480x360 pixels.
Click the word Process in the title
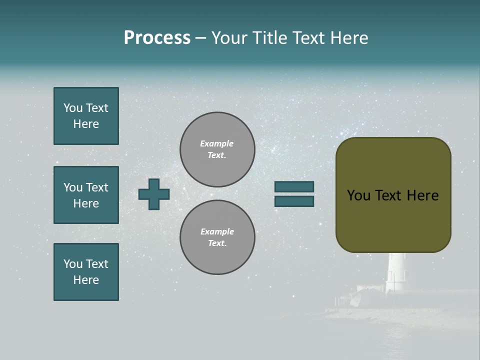tap(157, 38)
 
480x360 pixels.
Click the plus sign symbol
tap(154, 194)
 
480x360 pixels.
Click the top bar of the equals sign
tap(294, 186)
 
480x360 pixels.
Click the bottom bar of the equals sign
tap(294, 201)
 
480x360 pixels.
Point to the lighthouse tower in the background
tap(397, 272)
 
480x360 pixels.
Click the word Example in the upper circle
tap(216, 143)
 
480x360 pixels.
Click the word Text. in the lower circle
tap(217, 243)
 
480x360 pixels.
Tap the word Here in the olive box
tap(422, 195)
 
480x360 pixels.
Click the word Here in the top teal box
tap(86, 124)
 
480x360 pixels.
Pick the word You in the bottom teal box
tap(73, 264)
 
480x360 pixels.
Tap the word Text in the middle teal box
tap(97, 187)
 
